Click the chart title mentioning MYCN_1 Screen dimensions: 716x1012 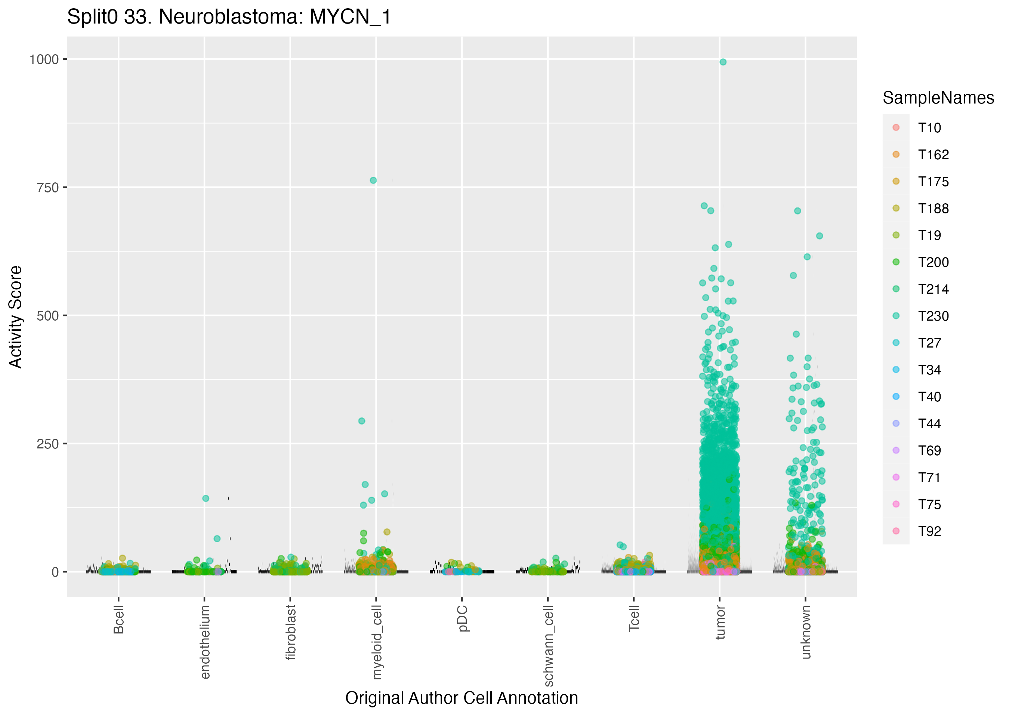(229, 17)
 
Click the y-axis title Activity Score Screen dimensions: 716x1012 (15, 317)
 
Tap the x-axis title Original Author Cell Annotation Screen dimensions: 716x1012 (461, 698)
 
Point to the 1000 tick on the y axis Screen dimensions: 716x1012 (44, 59)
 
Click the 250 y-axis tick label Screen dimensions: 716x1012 (47, 444)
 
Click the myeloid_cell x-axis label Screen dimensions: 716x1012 (376, 642)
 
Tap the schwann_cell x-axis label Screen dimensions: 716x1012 (548, 645)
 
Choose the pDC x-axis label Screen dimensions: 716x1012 (462, 618)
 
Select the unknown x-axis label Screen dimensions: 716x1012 (806, 632)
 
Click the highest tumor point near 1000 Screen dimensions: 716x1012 (723, 62)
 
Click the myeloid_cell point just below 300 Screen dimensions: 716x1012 (362, 421)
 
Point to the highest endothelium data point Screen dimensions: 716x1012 (206, 499)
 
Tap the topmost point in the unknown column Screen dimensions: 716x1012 (797, 211)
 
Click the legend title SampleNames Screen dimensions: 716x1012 (938, 98)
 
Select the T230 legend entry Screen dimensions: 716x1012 (933, 316)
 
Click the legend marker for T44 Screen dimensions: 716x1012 (896, 424)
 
